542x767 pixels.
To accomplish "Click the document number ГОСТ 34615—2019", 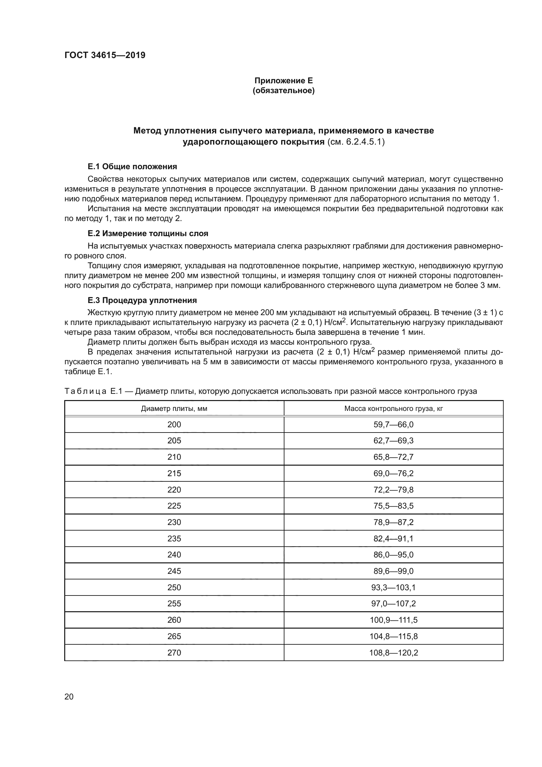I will [x=105, y=55].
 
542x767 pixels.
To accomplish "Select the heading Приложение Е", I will [x=283, y=81].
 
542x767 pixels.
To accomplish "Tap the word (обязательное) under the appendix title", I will [x=283, y=91].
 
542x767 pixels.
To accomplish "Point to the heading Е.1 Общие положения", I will [x=132, y=166].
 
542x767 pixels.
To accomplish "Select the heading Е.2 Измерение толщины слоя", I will [x=148, y=233].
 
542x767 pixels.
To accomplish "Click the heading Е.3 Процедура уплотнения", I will [x=142, y=300].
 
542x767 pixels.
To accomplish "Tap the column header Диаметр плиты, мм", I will [x=174, y=409].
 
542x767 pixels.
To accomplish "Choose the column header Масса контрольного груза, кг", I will [x=394, y=409].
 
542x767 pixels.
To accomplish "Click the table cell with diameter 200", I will [x=174, y=425].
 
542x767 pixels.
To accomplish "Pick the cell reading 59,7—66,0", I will [x=394, y=425].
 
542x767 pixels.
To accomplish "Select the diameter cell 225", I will [x=174, y=506].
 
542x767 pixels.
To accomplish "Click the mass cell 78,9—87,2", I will [x=394, y=522].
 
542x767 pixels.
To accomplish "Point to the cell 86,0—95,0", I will [x=394, y=555].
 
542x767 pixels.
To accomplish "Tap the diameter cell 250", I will [x=174, y=587].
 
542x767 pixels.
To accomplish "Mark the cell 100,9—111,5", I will [x=394, y=620].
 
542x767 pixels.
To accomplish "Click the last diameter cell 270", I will [x=174, y=653].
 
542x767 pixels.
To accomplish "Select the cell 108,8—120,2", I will [x=394, y=653].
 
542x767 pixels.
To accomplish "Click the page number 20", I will [x=69, y=696].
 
